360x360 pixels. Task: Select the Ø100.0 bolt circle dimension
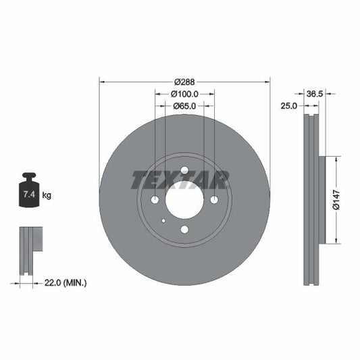[x=184, y=93]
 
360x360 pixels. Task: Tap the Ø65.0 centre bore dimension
[x=184, y=105]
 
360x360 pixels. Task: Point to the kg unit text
[x=47, y=195]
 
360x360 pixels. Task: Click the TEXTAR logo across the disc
[x=180, y=180]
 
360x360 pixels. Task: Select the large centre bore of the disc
[x=184, y=200]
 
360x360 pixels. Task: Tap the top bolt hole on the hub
[x=184, y=170]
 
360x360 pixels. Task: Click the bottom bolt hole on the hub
[x=184, y=230]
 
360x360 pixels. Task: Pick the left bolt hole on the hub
[x=155, y=200]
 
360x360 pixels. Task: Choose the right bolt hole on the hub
[x=214, y=200]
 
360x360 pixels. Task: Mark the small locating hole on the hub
[x=163, y=221]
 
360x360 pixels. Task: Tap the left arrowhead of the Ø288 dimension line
[x=102, y=81]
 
